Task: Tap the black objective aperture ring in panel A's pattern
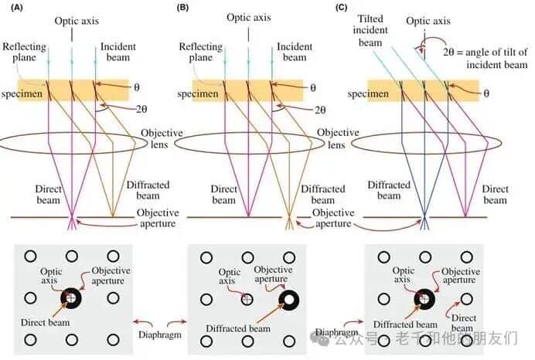(71, 297)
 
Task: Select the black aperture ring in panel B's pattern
(289, 300)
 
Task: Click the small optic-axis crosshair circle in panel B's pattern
(247, 299)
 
